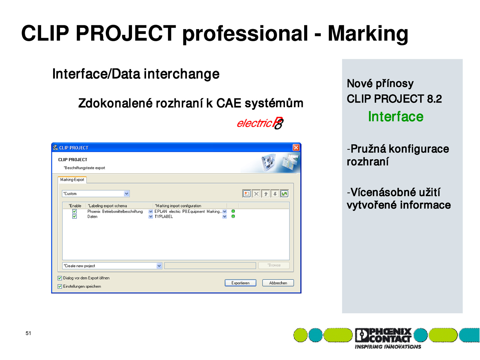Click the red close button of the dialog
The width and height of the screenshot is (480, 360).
[296, 148]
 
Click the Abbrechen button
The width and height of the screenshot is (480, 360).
[278, 283]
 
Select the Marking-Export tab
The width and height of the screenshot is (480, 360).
[72, 180]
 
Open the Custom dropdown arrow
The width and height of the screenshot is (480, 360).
[126, 194]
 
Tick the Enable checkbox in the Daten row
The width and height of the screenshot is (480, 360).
[75, 216]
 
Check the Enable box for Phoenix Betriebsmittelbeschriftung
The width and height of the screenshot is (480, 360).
[75, 211]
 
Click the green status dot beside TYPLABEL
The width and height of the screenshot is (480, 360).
[233, 216]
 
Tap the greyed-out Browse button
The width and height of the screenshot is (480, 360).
[274, 265]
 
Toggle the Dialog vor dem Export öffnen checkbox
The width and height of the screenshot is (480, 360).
[60, 278]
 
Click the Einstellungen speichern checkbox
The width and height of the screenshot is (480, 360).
[60, 286]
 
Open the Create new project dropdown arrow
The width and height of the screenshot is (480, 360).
[159, 266]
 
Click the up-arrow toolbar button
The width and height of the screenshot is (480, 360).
[266, 194]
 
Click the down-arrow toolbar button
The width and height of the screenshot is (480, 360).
[275, 194]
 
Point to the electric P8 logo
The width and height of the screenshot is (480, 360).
[260, 123]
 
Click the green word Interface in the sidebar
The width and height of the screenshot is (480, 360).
[396, 116]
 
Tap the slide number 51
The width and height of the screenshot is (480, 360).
[28, 333]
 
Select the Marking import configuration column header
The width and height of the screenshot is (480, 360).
[178, 206]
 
